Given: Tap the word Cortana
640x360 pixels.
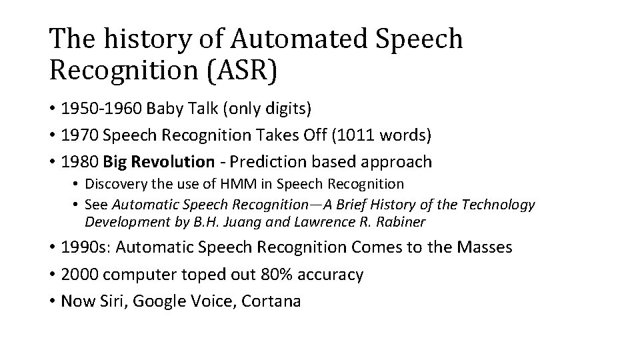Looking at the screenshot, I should click(x=272, y=301).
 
